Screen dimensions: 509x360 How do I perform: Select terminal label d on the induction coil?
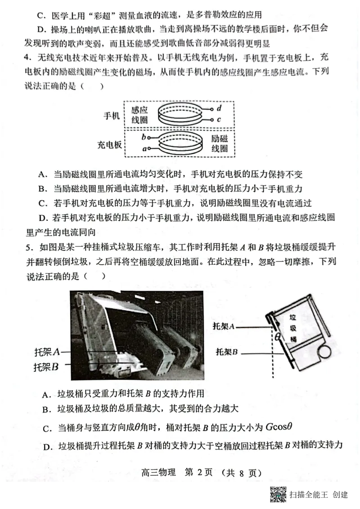click(x=219, y=108)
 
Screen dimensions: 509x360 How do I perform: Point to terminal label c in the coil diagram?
click(x=219, y=120)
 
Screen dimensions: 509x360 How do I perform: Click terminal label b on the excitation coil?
click(x=143, y=137)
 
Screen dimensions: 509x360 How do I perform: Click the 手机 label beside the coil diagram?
click(x=112, y=115)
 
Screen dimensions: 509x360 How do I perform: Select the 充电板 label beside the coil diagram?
click(x=109, y=145)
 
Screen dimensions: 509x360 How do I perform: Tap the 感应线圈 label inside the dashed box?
click(x=139, y=115)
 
